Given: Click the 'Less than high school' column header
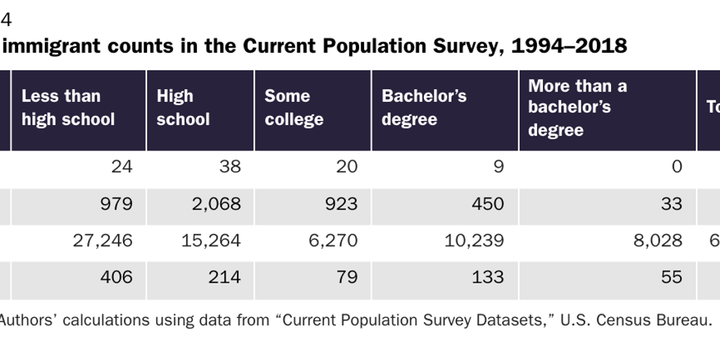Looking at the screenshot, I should click(x=68, y=108).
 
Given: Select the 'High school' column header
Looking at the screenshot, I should click(x=183, y=108).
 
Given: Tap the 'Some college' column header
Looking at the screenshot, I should click(x=294, y=108).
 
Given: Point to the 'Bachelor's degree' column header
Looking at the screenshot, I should click(x=424, y=108).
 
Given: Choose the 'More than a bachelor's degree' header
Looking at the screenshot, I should click(x=577, y=108).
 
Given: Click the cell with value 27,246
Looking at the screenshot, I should click(x=103, y=240).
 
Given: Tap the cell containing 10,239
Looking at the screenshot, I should click(x=474, y=240).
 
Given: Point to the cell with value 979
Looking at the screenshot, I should click(x=116, y=204).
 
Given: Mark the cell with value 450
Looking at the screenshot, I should click(x=487, y=204).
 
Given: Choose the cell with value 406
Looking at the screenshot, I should click(x=116, y=277).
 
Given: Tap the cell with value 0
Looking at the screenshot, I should click(x=676, y=167).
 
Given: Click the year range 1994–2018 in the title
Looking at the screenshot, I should click(x=569, y=46).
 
